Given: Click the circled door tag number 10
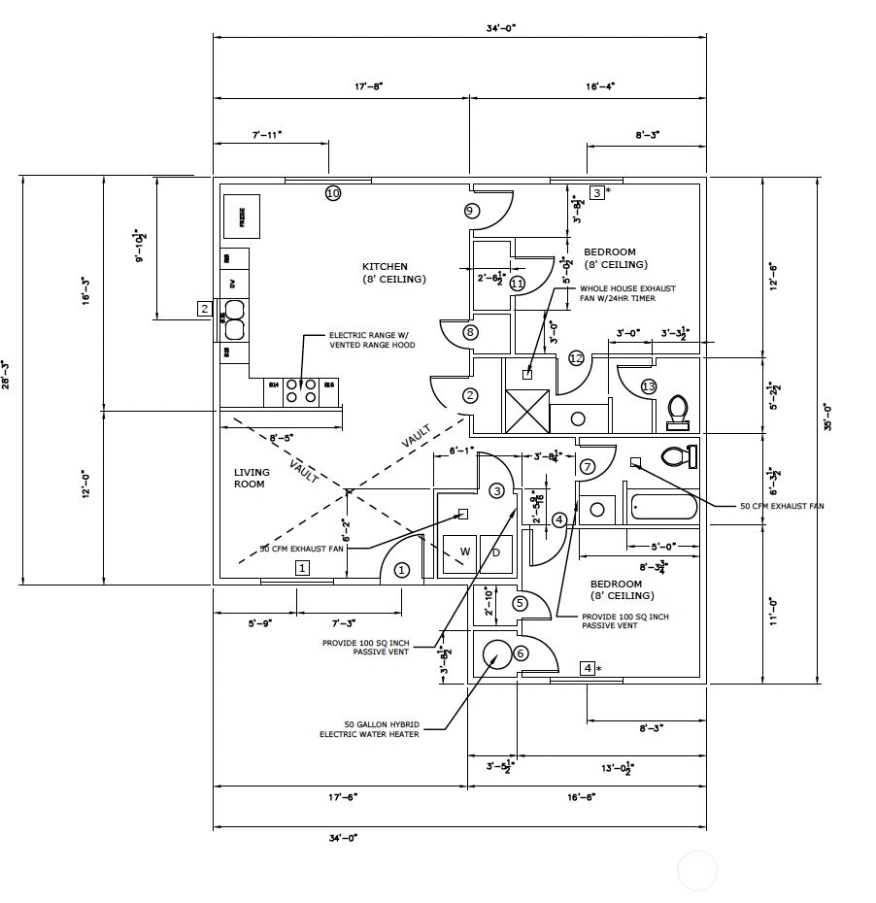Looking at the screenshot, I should point(333,193).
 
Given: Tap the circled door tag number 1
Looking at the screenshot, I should point(402,570).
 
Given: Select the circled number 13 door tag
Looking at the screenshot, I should point(649,386).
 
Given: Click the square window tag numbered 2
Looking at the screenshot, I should point(204,309).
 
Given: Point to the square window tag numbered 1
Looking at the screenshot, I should point(302,568).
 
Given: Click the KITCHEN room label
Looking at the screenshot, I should point(386,266).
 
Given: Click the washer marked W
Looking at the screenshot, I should point(463,552).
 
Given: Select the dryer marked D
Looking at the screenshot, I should point(495,552).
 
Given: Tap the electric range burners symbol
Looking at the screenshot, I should point(302,390).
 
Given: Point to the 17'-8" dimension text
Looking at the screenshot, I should point(368,86).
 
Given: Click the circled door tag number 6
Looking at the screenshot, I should point(521,653).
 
